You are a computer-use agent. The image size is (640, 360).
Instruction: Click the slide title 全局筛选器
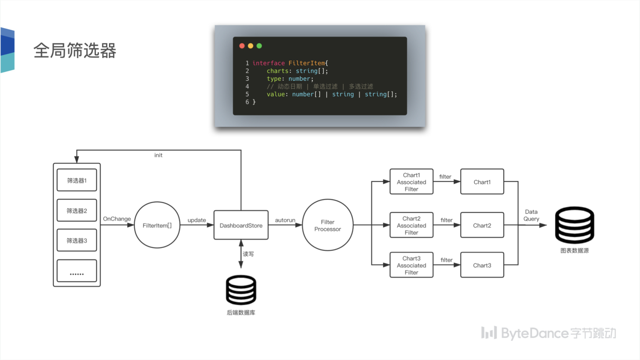(x=75, y=51)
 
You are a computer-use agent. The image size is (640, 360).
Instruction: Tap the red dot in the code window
(x=242, y=46)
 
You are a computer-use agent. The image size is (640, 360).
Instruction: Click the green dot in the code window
(x=259, y=46)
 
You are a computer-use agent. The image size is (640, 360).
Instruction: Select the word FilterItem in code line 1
(x=307, y=63)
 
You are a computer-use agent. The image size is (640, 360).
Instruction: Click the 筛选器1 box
(x=77, y=180)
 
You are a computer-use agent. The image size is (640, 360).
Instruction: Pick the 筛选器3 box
(x=77, y=240)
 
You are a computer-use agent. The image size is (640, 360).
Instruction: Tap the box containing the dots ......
(x=77, y=271)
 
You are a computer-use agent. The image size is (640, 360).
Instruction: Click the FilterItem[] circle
(x=157, y=225)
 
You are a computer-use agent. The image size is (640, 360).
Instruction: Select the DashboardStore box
(x=241, y=225)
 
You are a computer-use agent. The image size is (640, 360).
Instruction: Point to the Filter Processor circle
(x=328, y=225)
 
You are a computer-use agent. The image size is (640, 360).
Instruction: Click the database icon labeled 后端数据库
(x=241, y=290)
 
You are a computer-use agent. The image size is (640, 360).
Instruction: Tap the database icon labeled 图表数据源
(x=574, y=225)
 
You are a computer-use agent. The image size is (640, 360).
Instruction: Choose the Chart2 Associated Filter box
(x=411, y=225)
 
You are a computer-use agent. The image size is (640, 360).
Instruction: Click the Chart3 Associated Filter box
(x=411, y=265)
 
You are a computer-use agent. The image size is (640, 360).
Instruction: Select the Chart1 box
(x=482, y=182)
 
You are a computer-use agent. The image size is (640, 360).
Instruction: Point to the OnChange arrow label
(x=117, y=219)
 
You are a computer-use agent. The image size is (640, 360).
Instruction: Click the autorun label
(x=285, y=220)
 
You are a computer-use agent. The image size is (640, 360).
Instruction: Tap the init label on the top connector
(x=158, y=155)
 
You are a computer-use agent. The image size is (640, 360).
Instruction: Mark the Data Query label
(x=531, y=215)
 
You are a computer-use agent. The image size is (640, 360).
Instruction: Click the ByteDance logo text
(x=549, y=333)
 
